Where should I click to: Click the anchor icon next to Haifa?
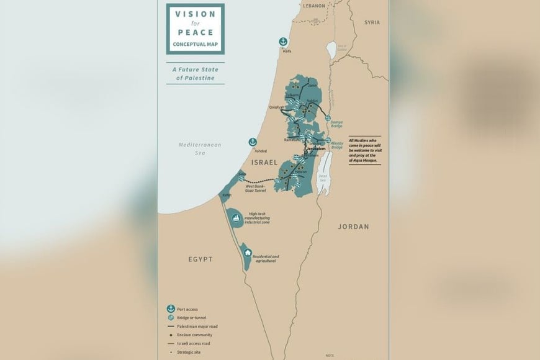[283, 42]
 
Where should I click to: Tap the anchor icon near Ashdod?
[253, 142]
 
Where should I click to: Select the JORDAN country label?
[353, 227]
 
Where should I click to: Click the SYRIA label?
[372, 22]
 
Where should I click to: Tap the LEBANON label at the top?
[313, 6]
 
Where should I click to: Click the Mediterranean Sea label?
[200, 148]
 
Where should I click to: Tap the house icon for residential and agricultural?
[247, 253]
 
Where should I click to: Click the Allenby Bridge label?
[337, 145]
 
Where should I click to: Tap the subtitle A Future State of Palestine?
[195, 74]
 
